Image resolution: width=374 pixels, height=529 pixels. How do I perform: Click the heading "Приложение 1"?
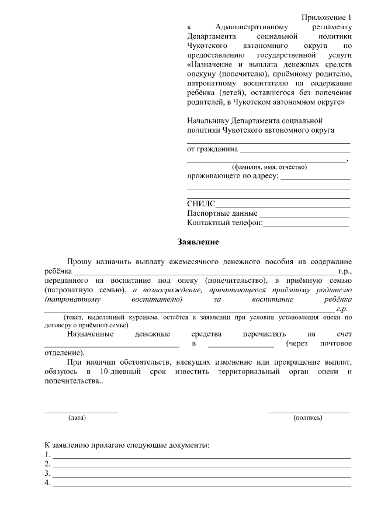(x=327, y=16)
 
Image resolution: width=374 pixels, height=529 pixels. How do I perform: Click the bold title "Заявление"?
(x=198, y=241)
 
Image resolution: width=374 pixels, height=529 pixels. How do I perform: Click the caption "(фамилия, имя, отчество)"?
(x=269, y=167)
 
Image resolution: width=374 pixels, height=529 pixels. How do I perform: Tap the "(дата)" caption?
(x=77, y=418)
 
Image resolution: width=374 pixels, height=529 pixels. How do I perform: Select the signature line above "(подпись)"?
(x=309, y=412)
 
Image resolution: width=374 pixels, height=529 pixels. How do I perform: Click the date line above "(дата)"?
(x=81, y=412)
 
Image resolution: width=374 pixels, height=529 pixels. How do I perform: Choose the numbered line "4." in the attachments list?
(x=202, y=485)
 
